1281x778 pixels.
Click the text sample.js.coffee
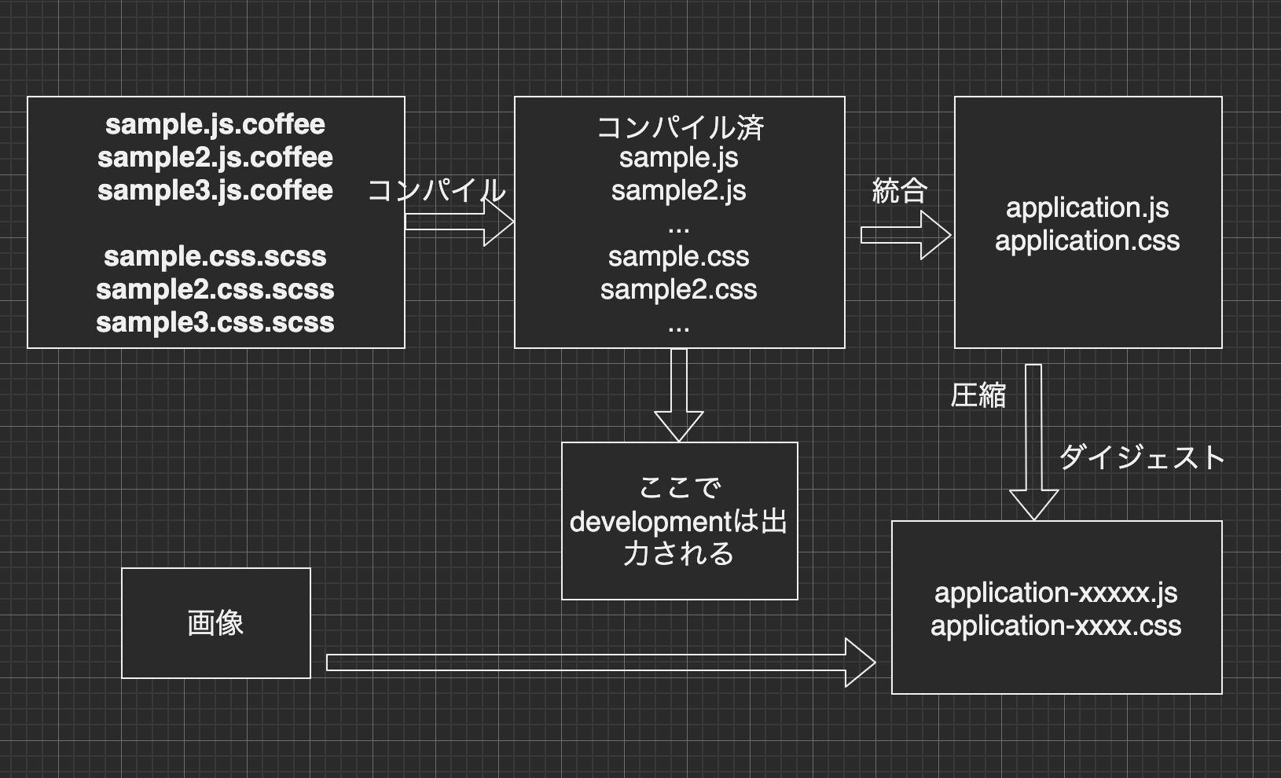tap(215, 124)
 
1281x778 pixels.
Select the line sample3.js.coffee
tap(215, 190)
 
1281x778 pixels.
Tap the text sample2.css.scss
tap(215, 289)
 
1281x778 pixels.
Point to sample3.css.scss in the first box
tap(215, 322)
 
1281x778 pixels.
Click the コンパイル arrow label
tap(437, 190)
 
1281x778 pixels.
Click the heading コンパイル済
tap(680, 127)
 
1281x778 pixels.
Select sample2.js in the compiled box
tap(678, 190)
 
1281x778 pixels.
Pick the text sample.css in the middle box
tap(678, 256)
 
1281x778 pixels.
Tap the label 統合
tap(900, 190)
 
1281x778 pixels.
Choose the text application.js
tap(1087, 207)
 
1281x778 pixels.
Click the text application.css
tap(1087, 240)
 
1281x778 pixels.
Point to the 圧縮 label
tap(978, 395)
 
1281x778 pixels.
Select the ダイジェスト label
tap(1142, 457)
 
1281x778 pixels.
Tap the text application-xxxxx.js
tap(1055, 593)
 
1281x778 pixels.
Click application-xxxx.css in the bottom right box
tap(1055, 626)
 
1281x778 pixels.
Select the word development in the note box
tap(639, 522)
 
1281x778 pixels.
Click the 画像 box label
tap(215, 622)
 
